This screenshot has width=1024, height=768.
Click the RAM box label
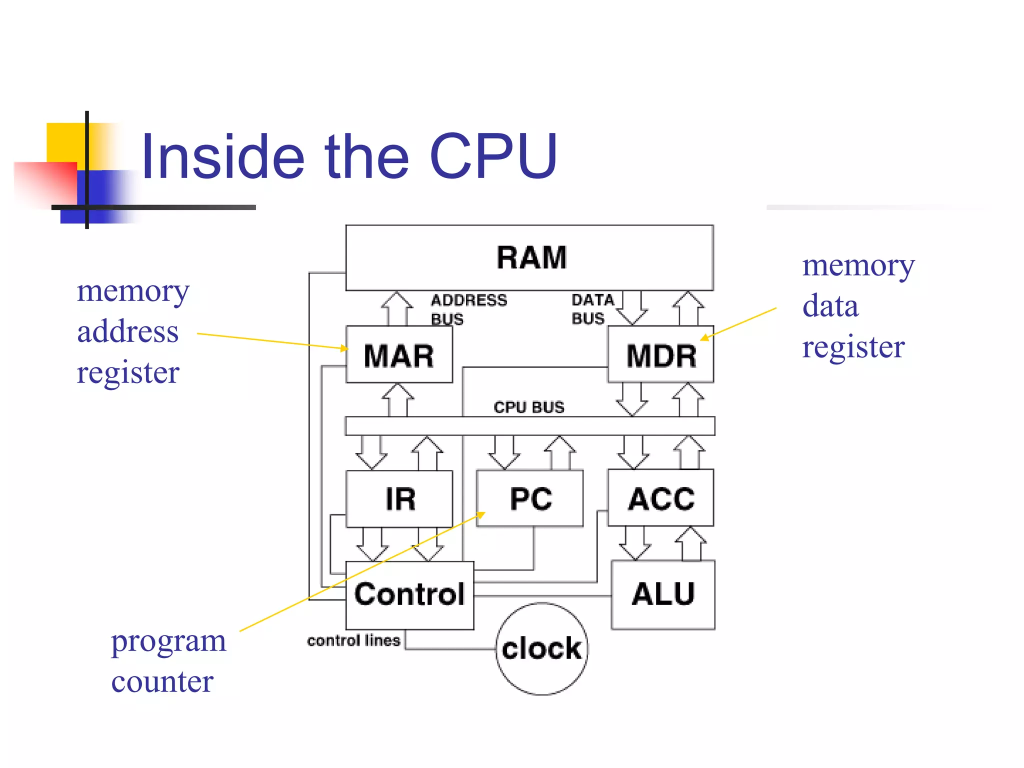pyautogui.click(x=531, y=258)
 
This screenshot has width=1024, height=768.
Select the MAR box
pyautogui.click(x=399, y=355)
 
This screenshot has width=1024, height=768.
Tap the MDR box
pyautogui.click(x=661, y=355)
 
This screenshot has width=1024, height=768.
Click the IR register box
pyautogui.click(x=399, y=498)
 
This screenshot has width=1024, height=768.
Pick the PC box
pyautogui.click(x=530, y=498)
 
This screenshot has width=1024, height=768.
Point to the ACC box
pyautogui.click(x=661, y=498)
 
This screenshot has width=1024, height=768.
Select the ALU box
pyautogui.click(x=663, y=594)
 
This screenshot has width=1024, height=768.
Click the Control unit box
pyautogui.click(x=409, y=594)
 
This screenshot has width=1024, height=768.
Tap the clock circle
pyautogui.click(x=541, y=648)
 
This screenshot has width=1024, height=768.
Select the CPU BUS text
pyautogui.click(x=528, y=407)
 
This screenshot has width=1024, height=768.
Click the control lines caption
pyautogui.click(x=353, y=640)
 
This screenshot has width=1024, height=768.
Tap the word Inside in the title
pyautogui.click(x=223, y=156)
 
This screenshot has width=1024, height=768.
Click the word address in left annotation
pyautogui.click(x=127, y=331)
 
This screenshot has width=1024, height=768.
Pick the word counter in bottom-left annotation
pyautogui.click(x=162, y=681)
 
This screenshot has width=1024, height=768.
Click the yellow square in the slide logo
pyautogui.click(x=65, y=142)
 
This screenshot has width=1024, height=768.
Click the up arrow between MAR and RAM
pyautogui.click(x=397, y=307)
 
